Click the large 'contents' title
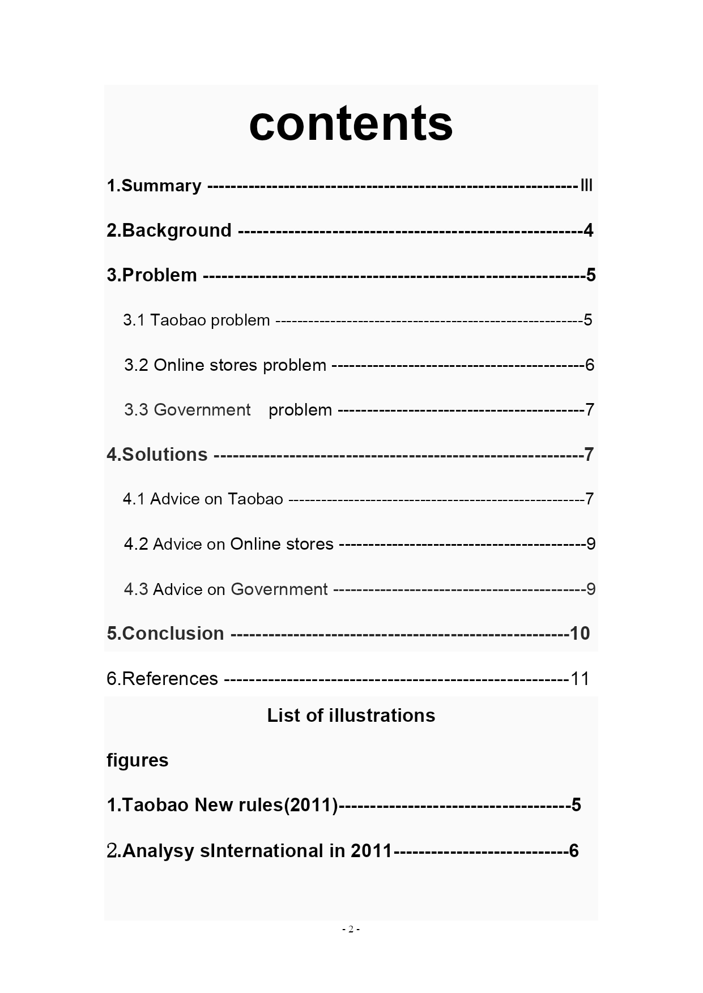(x=351, y=123)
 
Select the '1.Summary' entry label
(x=154, y=186)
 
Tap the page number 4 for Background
(x=588, y=230)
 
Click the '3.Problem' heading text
(x=152, y=275)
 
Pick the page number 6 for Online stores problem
(x=590, y=365)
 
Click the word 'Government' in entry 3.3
(x=202, y=409)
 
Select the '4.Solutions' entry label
(x=157, y=454)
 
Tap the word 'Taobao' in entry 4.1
(x=255, y=499)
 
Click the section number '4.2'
(x=136, y=544)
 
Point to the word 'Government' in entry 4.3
(x=279, y=589)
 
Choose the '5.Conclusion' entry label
(x=165, y=634)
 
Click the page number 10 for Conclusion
(x=580, y=634)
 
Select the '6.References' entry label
(x=162, y=678)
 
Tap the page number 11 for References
(x=580, y=678)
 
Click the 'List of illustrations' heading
(x=351, y=716)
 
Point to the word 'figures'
(x=138, y=760)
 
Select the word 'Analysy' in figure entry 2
(x=158, y=851)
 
